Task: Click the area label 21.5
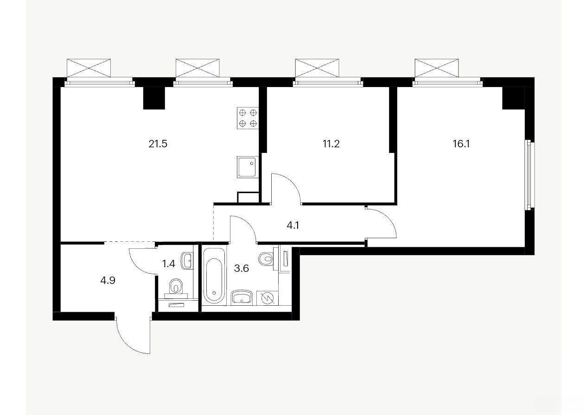[158, 144]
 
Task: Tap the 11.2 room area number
[331, 144]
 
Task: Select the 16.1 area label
[461, 144]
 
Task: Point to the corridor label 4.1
[293, 225]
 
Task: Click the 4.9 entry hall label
[108, 280]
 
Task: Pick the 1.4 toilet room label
[168, 264]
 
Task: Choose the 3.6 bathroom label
[241, 268]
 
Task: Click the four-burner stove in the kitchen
[248, 118]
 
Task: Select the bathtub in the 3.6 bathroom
[214, 276]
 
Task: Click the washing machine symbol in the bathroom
[268, 298]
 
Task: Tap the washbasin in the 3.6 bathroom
[242, 297]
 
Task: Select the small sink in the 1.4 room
[187, 261]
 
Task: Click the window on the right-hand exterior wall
[529, 175]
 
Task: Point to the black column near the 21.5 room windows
[154, 98]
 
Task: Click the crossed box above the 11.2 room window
[317, 68]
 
